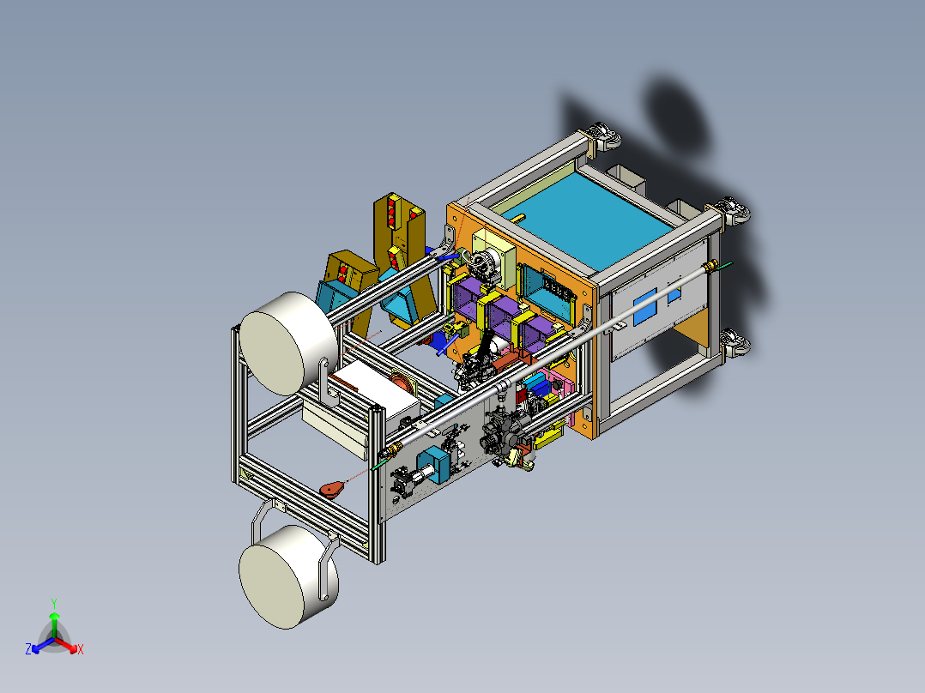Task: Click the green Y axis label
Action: click(54, 603)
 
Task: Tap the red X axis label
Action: click(81, 649)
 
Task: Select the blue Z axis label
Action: click(28, 649)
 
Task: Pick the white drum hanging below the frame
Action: click(288, 577)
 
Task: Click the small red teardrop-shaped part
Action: click(333, 490)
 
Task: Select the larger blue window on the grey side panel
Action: click(644, 307)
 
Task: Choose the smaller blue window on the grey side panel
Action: click(674, 293)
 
